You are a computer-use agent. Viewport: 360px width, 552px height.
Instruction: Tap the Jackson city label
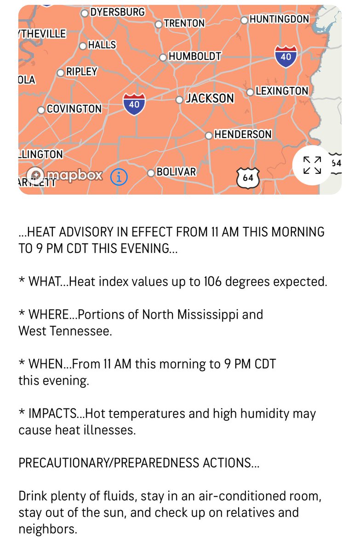[x=210, y=98]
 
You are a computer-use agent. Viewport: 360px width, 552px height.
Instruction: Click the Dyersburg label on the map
[x=117, y=12]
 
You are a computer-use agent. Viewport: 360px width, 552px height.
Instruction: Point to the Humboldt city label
[x=195, y=57]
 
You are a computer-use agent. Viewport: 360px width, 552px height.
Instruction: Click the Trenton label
[x=184, y=23]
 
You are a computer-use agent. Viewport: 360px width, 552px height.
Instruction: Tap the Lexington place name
[x=281, y=91]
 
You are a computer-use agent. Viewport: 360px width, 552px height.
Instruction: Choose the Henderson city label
[x=243, y=134]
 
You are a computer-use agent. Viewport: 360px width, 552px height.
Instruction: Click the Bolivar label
[x=176, y=172]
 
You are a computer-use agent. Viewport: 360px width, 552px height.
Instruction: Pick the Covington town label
[x=74, y=109]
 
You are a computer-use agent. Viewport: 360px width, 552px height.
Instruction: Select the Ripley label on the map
[x=82, y=72]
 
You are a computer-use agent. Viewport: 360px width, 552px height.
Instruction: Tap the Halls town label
[x=102, y=45]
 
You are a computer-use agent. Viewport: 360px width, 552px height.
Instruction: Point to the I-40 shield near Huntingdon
[x=286, y=56]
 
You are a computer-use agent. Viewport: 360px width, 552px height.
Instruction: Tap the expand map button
[x=312, y=165]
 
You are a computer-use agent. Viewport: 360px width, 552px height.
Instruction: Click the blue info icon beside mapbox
[x=119, y=176]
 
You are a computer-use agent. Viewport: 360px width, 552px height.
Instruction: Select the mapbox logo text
[x=75, y=175]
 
